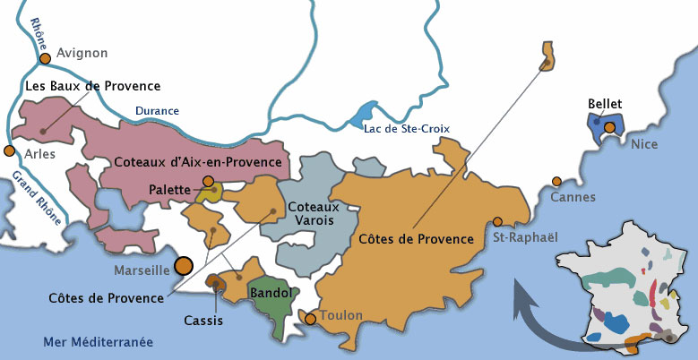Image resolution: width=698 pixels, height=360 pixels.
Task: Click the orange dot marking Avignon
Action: tap(44, 59)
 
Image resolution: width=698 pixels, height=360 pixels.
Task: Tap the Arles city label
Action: tap(40, 154)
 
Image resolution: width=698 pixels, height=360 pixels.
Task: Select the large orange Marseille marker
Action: tap(184, 265)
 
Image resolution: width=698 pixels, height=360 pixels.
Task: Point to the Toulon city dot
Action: tap(310, 318)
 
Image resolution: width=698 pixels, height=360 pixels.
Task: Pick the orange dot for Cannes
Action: tap(557, 181)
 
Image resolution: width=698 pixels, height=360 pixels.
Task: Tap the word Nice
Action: tap(644, 143)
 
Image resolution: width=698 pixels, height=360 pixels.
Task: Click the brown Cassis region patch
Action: tap(215, 282)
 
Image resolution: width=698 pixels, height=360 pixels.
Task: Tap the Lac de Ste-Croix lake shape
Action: tap(362, 116)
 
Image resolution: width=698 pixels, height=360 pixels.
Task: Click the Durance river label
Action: tap(157, 111)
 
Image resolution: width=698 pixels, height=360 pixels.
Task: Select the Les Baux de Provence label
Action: tap(93, 86)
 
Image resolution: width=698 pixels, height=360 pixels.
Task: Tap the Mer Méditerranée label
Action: tap(99, 342)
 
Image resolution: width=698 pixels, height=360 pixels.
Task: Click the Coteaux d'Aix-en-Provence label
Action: tap(199, 163)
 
